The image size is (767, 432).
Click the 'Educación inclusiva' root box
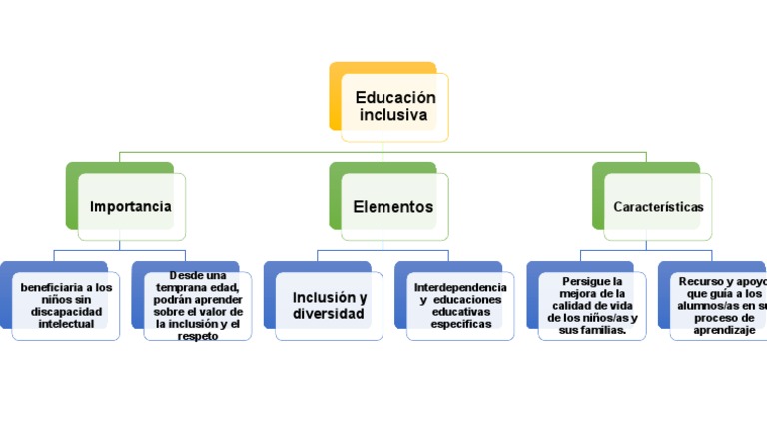[394, 107]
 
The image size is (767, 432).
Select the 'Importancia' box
[131, 207]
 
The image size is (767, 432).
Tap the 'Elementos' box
[393, 207]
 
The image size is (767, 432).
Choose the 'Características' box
[658, 207]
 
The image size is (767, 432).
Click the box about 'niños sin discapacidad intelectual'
[66, 305]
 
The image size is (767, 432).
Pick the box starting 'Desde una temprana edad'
[197, 305]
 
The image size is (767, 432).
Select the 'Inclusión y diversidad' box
[329, 306]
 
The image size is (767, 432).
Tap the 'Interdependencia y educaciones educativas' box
[460, 305]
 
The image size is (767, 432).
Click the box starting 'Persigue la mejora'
[592, 306]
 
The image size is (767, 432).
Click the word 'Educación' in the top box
[395, 98]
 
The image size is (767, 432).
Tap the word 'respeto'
[197, 336]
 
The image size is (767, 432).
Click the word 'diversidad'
[328, 315]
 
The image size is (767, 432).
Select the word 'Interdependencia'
[460, 287]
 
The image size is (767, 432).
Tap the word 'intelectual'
[66, 323]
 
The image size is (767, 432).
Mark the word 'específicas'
[461, 323]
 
